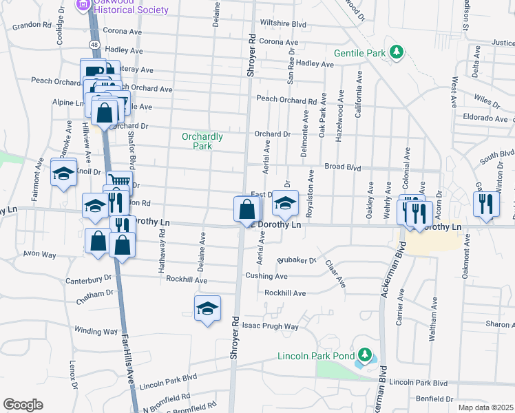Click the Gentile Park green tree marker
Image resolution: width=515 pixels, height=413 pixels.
(396, 52)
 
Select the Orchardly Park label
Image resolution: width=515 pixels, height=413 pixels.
(202, 141)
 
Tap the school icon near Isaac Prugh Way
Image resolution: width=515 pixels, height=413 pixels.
(207, 309)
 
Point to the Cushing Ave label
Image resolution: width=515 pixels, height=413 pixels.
(266, 276)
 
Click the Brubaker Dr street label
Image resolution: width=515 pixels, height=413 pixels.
(296, 261)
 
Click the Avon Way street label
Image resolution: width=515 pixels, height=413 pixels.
(39, 253)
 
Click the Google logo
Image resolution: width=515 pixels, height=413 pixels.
(23, 404)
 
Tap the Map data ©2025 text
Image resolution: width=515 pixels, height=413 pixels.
(485, 407)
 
